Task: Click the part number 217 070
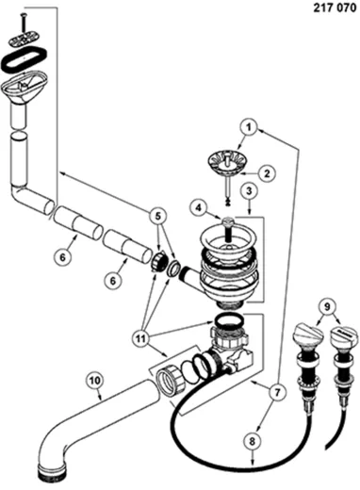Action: (335, 8)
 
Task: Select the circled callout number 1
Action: (249, 128)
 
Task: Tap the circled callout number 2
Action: (267, 173)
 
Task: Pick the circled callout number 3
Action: (249, 190)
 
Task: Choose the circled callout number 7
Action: (277, 392)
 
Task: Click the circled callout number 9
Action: (327, 307)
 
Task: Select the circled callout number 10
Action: (95, 381)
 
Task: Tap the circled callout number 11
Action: (140, 338)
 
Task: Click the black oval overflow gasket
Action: (25, 59)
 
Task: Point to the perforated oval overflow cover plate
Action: (24, 39)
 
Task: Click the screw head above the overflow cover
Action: (24, 15)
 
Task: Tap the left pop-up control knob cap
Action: (308, 335)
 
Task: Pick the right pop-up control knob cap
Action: (344, 335)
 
